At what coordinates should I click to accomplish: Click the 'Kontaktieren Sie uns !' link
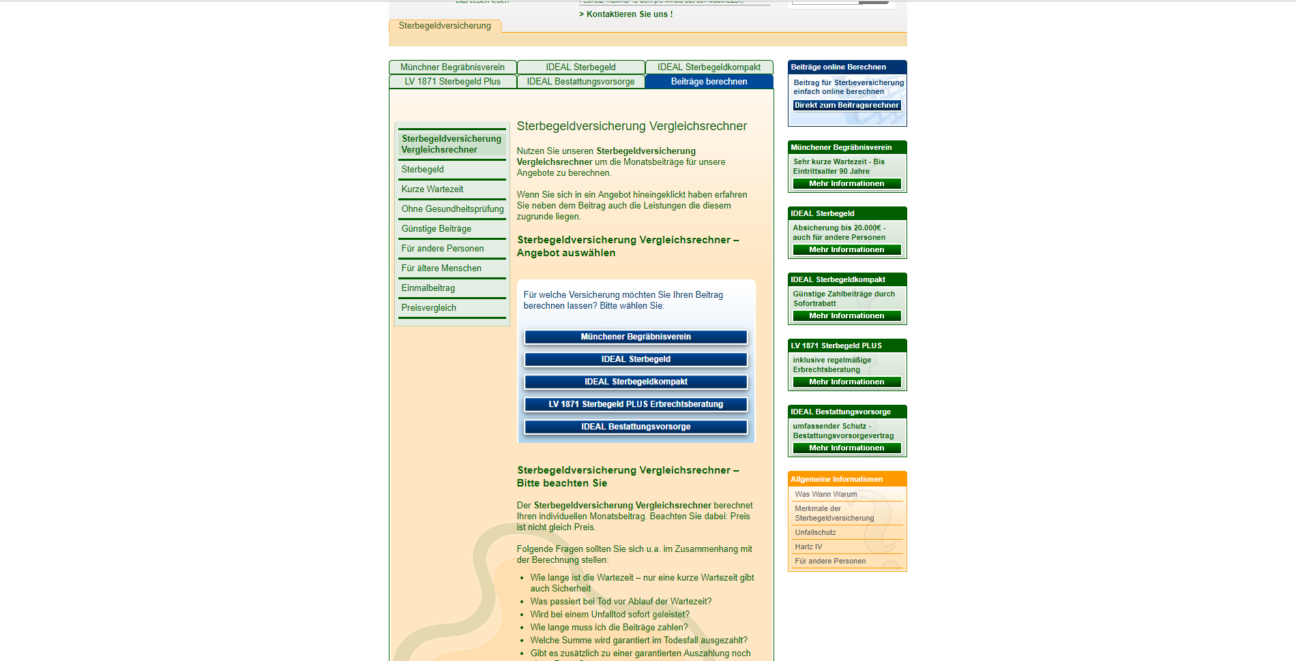[626, 14]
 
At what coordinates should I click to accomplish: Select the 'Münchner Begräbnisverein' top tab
[452, 67]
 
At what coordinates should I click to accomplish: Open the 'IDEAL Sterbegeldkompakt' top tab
[709, 67]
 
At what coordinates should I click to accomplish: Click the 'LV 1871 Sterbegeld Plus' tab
[452, 82]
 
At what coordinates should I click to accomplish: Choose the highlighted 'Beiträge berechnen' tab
[709, 82]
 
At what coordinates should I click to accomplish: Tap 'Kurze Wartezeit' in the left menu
[432, 189]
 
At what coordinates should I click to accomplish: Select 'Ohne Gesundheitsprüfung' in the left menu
[452, 209]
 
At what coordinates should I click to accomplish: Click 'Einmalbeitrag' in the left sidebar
[428, 288]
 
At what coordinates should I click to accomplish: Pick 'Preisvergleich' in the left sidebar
[428, 308]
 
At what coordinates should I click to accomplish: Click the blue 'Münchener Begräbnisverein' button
[636, 337]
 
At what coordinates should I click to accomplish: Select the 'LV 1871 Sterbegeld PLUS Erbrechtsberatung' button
[636, 405]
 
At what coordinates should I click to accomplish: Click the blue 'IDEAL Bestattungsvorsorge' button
[636, 427]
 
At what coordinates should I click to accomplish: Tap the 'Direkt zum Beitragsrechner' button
[846, 106]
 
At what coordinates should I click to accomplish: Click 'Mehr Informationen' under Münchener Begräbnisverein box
[846, 184]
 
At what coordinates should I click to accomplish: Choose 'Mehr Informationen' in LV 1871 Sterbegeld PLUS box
[846, 382]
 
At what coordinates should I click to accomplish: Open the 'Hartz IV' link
[808, 547]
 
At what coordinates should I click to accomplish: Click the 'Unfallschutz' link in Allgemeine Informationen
[815, 533]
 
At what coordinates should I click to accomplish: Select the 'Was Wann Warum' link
[825, 495]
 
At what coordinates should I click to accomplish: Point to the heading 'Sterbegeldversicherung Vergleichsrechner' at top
[632, 127]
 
